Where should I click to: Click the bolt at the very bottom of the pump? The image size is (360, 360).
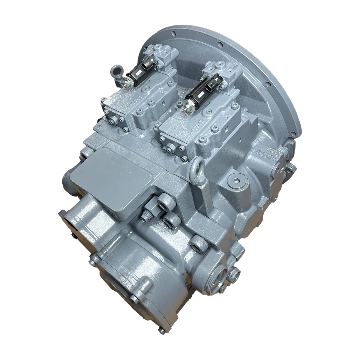click(x=161, y=331)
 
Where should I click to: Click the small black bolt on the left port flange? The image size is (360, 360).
click(x=74, y=237)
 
